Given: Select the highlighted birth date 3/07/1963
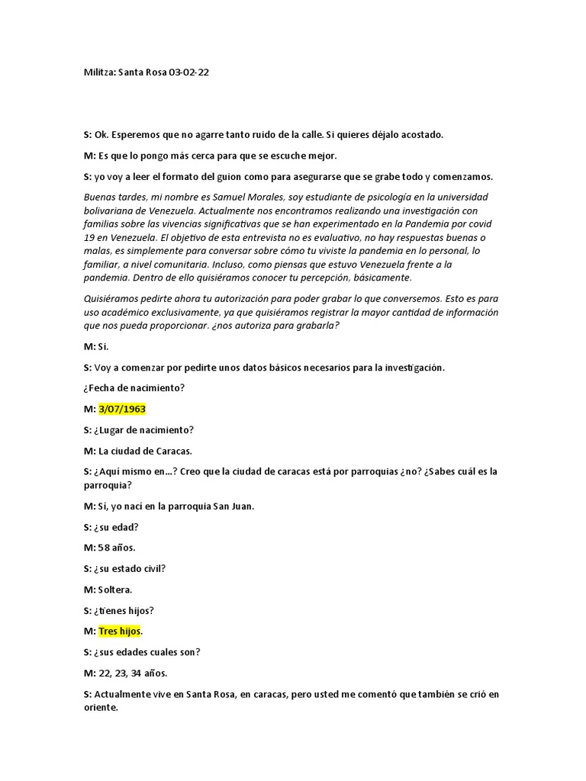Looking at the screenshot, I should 121,409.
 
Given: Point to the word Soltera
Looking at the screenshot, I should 116,590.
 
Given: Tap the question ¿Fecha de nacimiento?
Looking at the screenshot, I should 134,388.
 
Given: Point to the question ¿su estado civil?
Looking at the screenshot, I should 130,568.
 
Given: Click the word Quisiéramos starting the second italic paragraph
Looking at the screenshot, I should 111,299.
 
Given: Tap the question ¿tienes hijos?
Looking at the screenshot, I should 127,610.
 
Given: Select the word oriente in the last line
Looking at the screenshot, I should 101,708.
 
